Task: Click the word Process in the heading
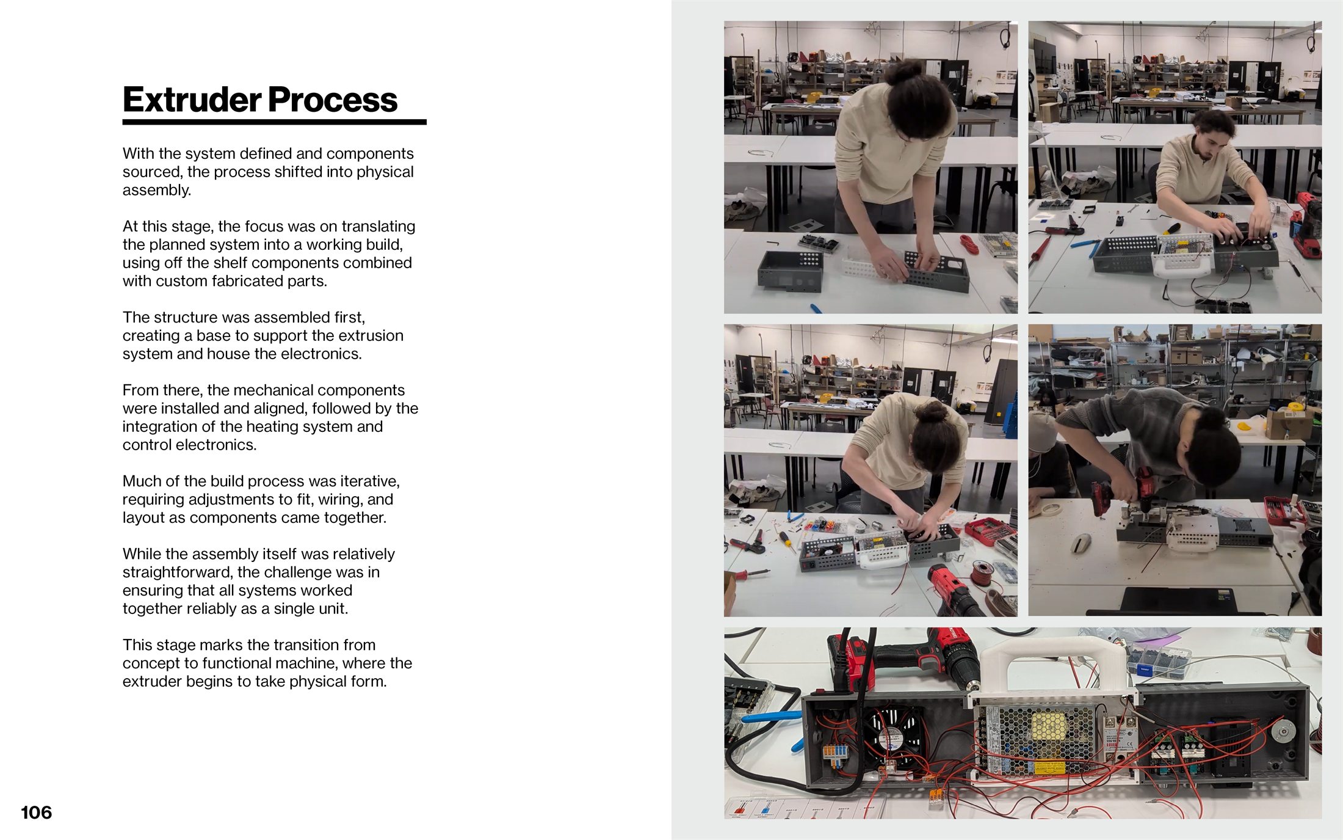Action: [333, 100]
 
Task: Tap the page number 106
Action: [36, 813]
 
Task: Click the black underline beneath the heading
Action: [274, 122]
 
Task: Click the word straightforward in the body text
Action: [175, 572]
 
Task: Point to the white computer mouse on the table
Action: [1081, 542]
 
